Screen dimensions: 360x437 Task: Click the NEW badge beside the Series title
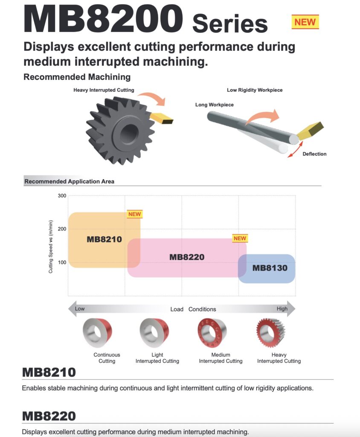305,22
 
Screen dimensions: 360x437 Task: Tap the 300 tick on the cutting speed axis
62,195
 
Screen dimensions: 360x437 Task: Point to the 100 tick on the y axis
62,262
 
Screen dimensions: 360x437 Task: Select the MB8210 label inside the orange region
104,239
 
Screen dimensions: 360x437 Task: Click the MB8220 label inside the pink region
187,257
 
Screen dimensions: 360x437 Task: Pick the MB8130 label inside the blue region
270,268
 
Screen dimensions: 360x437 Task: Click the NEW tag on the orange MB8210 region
135,214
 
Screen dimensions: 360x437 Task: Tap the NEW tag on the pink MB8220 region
240,238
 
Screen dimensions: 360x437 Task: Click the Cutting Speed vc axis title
51,247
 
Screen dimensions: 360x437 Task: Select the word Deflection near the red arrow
314,154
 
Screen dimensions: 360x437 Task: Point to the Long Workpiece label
214,105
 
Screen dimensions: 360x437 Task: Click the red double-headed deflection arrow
295,149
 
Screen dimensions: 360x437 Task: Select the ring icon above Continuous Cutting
97,333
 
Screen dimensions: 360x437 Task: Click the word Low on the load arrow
80,309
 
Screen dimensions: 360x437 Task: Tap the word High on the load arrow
282,309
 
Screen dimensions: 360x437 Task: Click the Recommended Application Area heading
70,181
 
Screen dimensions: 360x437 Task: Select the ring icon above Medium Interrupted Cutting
212,333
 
